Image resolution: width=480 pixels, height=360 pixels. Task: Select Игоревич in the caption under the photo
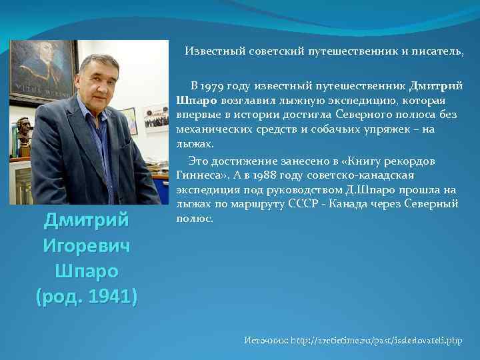tap(86, 246)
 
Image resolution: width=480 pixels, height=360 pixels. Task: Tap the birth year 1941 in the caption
tap(113, 295)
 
